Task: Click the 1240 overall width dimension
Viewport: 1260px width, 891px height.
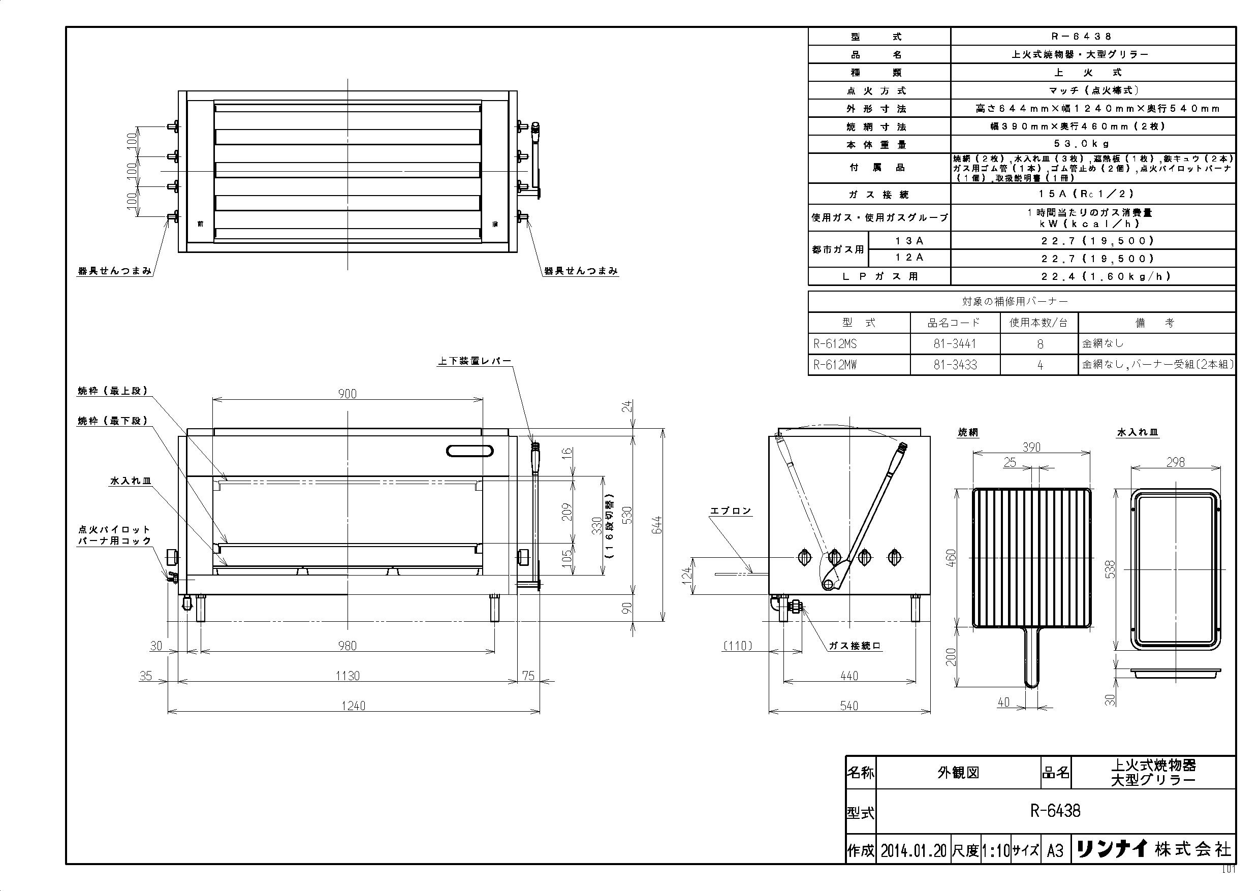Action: tap(354, 706)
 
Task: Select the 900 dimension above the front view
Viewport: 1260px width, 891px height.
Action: tap(348, 393)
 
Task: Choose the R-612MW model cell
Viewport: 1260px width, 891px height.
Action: tap(835, 365)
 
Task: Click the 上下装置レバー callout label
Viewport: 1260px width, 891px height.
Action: tap(475, 361)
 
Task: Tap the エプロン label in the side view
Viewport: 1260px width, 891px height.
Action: tap(731, 511)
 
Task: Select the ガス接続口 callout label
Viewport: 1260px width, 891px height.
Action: tap(855, 646)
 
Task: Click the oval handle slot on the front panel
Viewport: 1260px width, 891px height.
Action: tap(470, 451)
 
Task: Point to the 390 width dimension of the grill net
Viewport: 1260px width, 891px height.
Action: tap(1031, 447)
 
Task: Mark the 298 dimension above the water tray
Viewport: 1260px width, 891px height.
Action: tap(1175, 462)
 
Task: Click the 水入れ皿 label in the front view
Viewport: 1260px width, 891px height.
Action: tap(131, 481)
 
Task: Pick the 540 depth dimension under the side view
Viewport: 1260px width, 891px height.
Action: tap(849, 706)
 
